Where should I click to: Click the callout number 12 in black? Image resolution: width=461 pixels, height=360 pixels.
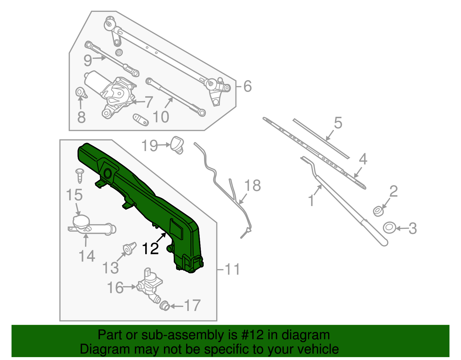[150, 248]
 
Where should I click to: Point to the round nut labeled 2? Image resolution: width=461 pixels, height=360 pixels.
[378, 211]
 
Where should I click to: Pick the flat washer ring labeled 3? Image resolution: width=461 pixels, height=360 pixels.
[389, 228]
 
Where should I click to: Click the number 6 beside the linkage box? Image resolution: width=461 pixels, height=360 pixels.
[247, 86]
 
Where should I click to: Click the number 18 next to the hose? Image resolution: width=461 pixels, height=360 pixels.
[253, 186]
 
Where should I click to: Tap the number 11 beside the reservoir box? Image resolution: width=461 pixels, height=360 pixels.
[232, 269]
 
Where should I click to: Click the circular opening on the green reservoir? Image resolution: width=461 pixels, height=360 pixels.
[108, 174]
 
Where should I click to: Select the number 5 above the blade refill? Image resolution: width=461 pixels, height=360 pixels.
[338, 123]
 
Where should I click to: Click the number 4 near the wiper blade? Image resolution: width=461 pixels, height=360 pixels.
[363, 159]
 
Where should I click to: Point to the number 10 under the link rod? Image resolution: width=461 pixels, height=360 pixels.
[161, 117]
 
